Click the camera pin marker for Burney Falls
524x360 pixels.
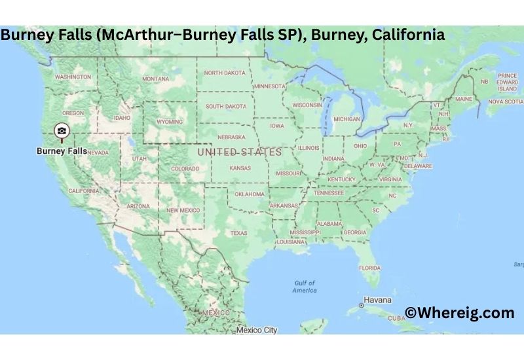pyautogui.click(x=61, y=131)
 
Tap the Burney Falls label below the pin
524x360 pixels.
pyautogui.click(x=62, y=151)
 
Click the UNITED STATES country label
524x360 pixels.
pyautogui.click(x=239, y=152)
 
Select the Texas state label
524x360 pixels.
pyautogui.click(x=238, y=232)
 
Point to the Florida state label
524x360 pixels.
pyautogui.click(x=369, y=268)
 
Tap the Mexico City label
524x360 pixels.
pyautogui.click(x=257, y=330)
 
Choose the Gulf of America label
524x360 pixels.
pyautogui.click(x=305, y=286)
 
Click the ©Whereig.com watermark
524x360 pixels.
pyautogui.click(x=459, y=313)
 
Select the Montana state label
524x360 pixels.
pyautogui.click(x=155, y=79)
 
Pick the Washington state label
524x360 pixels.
pyautogui.click(x=73, y=77)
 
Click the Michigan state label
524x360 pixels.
pyautogui.click(x=346, y=119)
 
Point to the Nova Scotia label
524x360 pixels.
pyautogui.click(x=505, y=101)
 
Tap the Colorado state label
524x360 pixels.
pyautogui.click(x=185, y=168)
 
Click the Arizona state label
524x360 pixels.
pyautogui.click(x=138, y=206)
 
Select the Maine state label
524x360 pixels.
pyautogui.click(x=464, y=99)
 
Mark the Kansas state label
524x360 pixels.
pyautogui.click(x=240, y=168)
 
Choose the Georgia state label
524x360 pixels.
pyautogui.click(x=355, y=232)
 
